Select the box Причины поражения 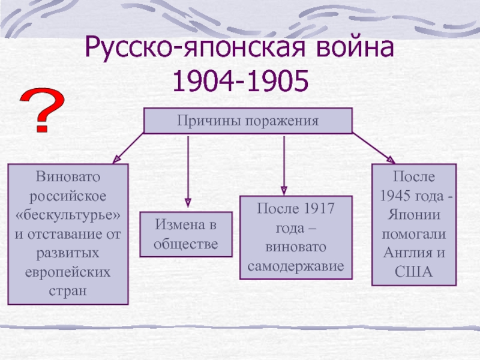point(248,121)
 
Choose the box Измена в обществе point(186,234)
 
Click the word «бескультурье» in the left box point(68,215)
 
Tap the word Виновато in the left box point(68,178)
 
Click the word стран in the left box point(68,290)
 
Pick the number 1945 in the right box point(405,196)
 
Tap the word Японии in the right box point(414,215)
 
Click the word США point(414,271)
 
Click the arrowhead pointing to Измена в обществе point(188,203)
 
